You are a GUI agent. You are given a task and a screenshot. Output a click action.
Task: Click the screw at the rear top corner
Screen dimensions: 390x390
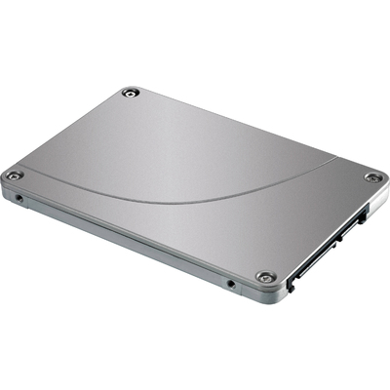click(x=130, y=93)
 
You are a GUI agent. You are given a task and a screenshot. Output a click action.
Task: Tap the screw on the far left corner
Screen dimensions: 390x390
click(x=14, y=175)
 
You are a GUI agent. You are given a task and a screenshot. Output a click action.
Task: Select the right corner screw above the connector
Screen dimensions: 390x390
click(x=372, y=177)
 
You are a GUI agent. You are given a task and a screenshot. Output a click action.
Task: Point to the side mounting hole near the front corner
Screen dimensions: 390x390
click(x=230, y=285)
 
